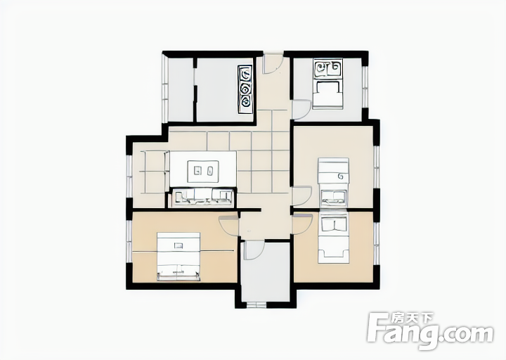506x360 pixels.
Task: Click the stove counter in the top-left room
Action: pyautogui.click(x=245, y=89)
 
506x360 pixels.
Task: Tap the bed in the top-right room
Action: pyautogui.click(x=327, y=84)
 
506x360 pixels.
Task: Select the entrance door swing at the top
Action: pyautogui.click(x=273, y=64)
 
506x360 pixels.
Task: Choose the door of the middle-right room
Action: pyautogui.click(x=301, y=196)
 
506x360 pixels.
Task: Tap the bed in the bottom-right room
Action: pyautogui.click(x=334, y=238)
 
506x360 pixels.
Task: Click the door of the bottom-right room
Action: pyautogui.click(x=302, y=224)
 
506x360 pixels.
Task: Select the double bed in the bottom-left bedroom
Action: pyautogui.click(x=179, y=257)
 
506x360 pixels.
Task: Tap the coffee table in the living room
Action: pyautogui.click(x=203, y=170)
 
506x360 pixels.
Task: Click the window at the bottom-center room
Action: pyautogui.click(x=257, y=304)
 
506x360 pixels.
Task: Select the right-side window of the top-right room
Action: pyautogui.click(x=365, y=87)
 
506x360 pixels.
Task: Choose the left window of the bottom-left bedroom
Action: pyautogui.click(x=129, y=241)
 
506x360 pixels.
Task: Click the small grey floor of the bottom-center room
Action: pyautogui.click(x=266, y=272)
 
